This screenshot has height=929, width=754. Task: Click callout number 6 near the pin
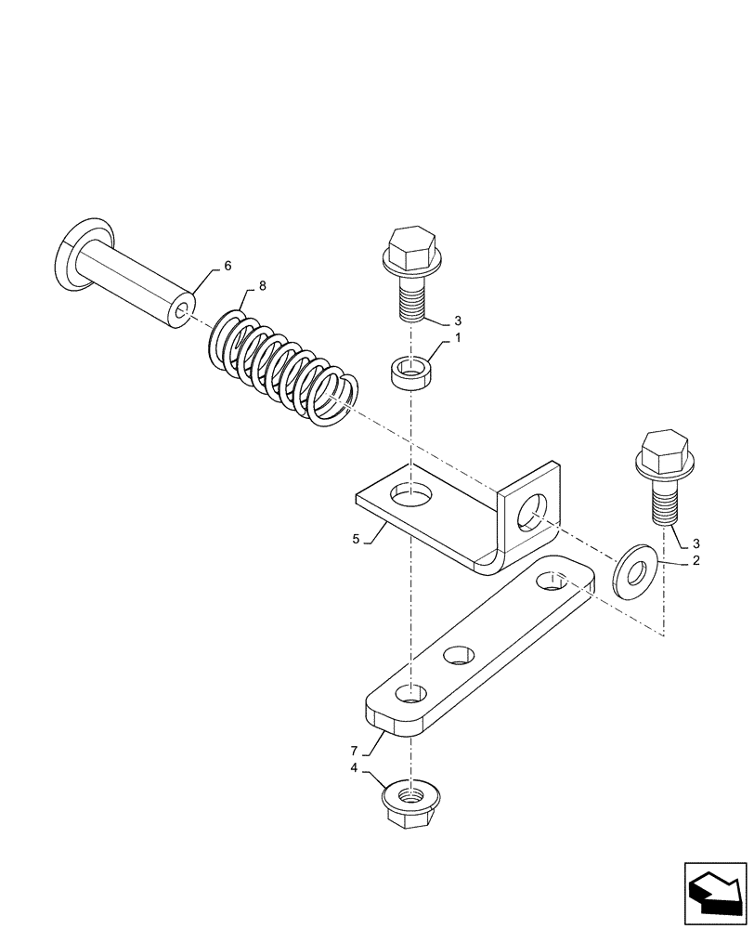(x=227, y=266)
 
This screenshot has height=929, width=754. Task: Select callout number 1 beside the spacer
(x=456, y=341)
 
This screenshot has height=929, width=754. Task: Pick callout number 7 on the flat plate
(x=353, y=748)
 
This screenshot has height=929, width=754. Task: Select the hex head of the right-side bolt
(x=663, y=451)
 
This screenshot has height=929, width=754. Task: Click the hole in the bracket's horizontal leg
(x=411, y=494)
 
